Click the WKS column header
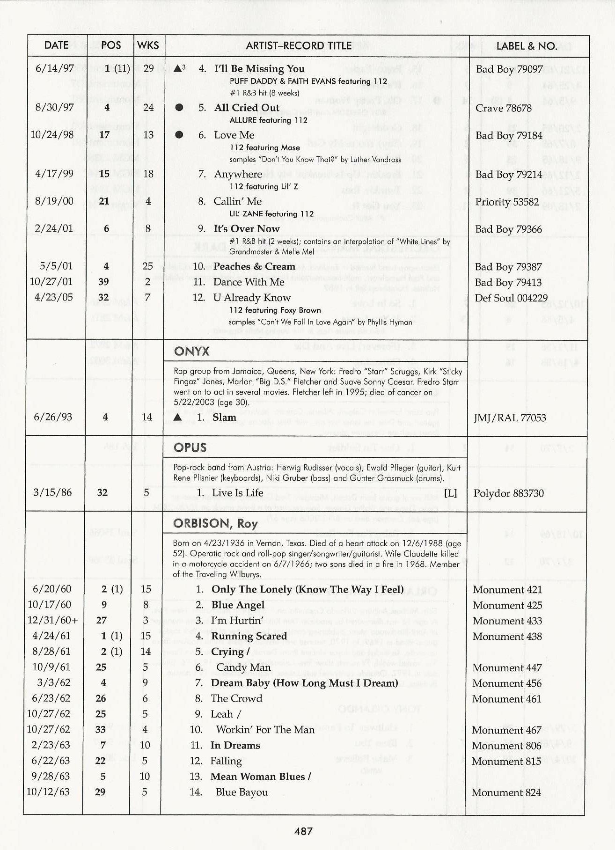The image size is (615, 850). pos(148,45)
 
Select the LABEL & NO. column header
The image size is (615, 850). pos(527,46)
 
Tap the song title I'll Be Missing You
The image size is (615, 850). pos(259,69)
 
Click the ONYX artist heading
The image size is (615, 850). pos(191,352)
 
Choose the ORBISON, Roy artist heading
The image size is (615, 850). pos(215,523)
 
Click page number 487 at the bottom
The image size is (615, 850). pos(303,831)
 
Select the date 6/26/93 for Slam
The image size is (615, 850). pos(53,417)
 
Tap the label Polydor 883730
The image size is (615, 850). pos(508,493)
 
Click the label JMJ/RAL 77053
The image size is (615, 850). pos(510,418)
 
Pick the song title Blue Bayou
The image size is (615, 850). pos(242,792)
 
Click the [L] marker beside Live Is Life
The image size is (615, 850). pos(450,493)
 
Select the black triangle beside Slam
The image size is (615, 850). pos(177,417)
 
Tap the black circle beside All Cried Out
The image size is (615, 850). pos(179,108)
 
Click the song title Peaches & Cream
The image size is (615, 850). pos(254,266)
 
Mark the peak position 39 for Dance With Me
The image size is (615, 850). pos(103,282)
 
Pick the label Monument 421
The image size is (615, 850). pos(507,590)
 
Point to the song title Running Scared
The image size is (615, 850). pos(249,636)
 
